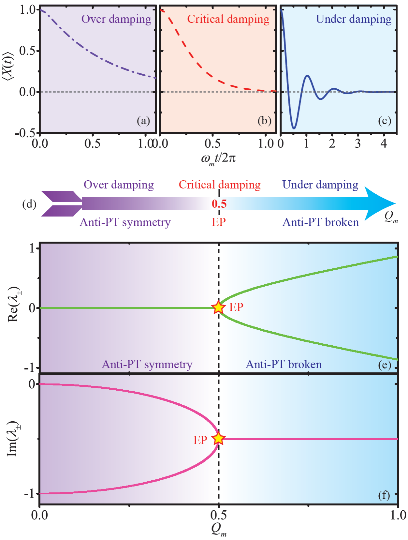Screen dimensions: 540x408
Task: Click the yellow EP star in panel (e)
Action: coord(218,307)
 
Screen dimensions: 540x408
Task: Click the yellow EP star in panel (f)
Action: coord(218,439)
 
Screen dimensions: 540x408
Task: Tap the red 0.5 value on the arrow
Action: coord(219,204)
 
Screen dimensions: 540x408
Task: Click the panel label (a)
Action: coord(143,121)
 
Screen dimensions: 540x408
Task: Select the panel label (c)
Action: coord(385,121)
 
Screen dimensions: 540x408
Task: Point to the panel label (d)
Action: coord(29,204)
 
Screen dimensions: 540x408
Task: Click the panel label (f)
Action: coord(384,495)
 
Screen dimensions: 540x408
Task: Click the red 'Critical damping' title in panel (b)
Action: coord(228,19)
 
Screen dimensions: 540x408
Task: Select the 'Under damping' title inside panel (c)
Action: coord(354,19)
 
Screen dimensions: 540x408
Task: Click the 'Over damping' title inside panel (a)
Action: coord(116,19)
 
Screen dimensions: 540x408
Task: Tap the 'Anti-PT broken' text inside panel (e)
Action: coord(284,364)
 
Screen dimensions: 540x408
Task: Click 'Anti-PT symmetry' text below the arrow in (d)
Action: coord(125,222)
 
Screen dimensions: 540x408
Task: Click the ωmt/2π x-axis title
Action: coord(218,159)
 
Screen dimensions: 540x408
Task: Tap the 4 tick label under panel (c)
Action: coord(384,143)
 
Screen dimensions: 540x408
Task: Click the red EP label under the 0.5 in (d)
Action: coord(219,222)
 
